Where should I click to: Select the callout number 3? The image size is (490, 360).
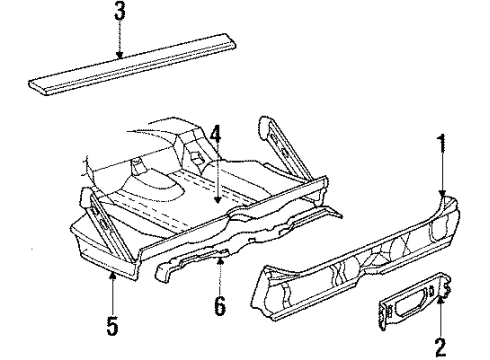click(x=119, y=14)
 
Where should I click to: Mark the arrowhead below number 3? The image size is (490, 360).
click(x=119, y=59)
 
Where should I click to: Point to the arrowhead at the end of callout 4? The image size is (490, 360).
click(x=216, y=204)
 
